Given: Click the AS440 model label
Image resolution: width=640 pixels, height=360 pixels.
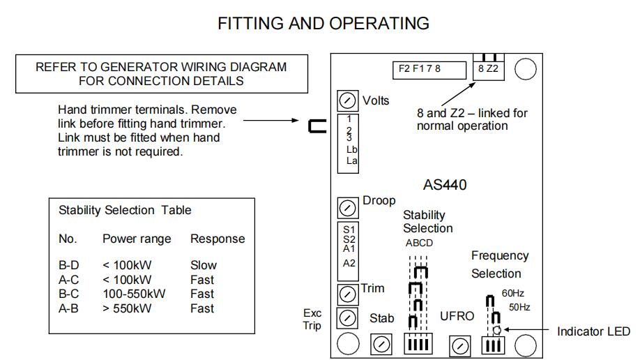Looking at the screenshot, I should click(445, 186).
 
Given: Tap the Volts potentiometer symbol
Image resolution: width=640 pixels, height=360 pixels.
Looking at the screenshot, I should click(346, 100).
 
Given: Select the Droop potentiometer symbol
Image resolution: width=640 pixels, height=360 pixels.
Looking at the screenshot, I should click(346, 207).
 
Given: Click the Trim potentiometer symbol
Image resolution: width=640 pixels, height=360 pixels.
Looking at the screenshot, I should click(346, 292).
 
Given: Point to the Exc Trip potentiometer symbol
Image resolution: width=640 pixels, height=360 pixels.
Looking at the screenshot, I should click(346, 318).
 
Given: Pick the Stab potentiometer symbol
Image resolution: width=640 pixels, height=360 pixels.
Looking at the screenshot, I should click(381, 343).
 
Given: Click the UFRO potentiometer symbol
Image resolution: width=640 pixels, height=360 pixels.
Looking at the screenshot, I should click(459, 344).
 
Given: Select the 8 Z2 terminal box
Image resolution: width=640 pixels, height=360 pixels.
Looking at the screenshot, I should click(488, 68).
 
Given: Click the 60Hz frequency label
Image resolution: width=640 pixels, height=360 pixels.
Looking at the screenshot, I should click(512, 293).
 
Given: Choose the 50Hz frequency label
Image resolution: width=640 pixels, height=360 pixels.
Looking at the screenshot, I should click(519, 307).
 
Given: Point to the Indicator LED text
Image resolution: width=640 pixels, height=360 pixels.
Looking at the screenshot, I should click(592, 332).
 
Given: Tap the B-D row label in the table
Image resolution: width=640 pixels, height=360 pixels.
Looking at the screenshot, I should click(68, 265).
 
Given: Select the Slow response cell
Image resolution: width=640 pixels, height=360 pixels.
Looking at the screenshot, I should click(204, 265).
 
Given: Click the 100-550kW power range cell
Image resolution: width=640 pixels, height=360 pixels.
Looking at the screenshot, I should click(134, 294).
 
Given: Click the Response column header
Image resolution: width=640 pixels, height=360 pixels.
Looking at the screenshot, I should click(218, 239).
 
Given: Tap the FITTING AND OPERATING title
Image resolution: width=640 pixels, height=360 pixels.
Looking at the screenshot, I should click(323, 23).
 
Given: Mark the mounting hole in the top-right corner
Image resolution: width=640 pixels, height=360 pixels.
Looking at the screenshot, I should click(526, 68).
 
